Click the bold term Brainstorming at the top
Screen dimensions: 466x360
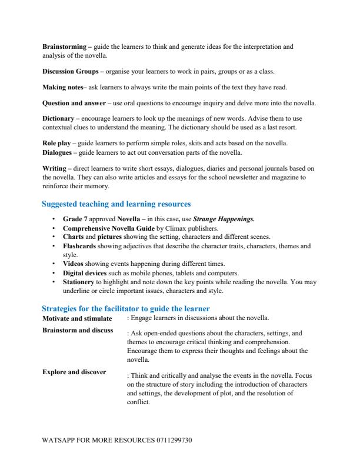pyautogui.click(x=64, y=45)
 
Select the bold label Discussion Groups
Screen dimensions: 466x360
pyautogui.click(x=70, y=72)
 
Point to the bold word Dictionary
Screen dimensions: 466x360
pyautogui.click(x=58, y=119)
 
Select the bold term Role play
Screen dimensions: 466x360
pyautogui.click(x=56, y=143)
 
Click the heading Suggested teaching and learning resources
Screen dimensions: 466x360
pyautogui.click(x=116, y=204)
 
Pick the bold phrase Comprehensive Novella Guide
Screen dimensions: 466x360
pyautogui.click(x=108, y=228)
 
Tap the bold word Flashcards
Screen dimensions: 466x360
pyautogui.click(x=80, y=247)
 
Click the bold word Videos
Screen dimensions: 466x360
pyautogui.click(x=74, y=264)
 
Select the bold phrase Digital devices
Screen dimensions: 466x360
pyautogui.click(x=85, y=272)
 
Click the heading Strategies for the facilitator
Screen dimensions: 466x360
pyautogui.click(x=126, y=308)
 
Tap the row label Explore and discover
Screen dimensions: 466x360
pyautogui.click(x=74, y=372)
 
